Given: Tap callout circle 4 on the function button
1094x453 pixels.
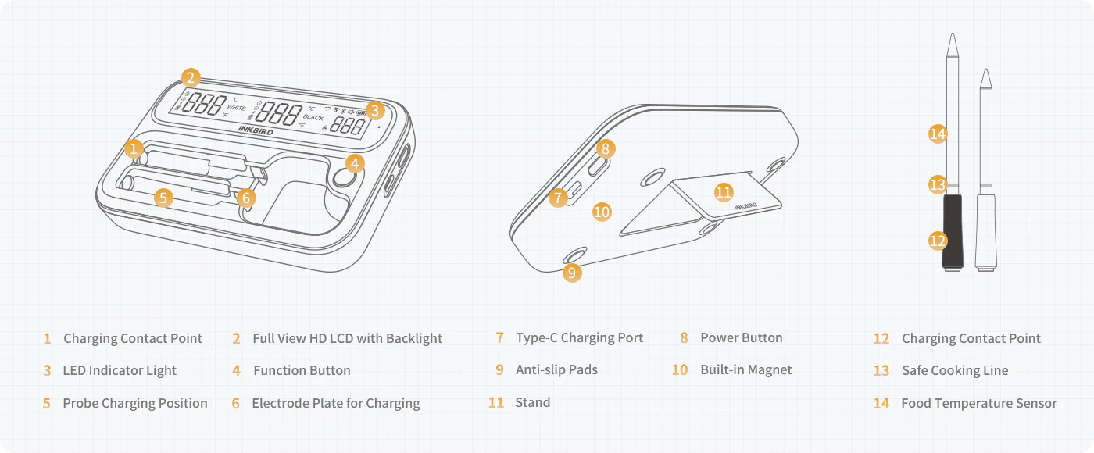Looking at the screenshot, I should (356, 163).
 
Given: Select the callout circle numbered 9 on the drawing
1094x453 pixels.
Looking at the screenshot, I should (572, 273).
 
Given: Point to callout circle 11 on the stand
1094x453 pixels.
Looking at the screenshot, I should (724, 191).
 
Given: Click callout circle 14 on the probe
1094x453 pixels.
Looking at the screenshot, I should (938, 134).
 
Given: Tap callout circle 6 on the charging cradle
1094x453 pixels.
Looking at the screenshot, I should (246, 198).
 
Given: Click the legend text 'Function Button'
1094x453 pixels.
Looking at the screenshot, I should (302, 370).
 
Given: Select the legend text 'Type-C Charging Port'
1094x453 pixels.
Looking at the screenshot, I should (579, 338).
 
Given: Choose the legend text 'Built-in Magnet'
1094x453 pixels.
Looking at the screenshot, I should (745, 370).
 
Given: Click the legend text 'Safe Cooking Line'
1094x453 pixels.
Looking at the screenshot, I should (955, 370).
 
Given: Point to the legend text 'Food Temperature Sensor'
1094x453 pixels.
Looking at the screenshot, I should (978, 403).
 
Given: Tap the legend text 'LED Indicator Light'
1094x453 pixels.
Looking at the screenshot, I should (120, 370).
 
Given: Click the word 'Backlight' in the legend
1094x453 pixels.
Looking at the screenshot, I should (413, 338).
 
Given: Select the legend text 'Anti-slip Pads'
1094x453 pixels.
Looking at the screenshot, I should (556, 370).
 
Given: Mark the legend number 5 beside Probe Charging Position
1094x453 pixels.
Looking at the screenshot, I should (47, 404).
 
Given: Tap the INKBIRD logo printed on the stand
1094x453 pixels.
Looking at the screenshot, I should (745, 207).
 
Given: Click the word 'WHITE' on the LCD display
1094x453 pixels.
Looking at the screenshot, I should (236, 108).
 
